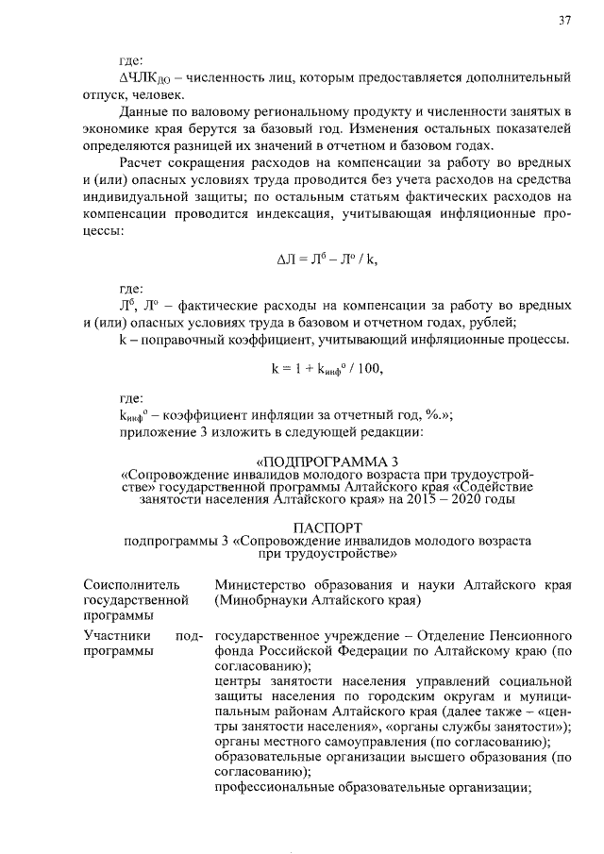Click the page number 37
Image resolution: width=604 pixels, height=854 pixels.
click(565, 20)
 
